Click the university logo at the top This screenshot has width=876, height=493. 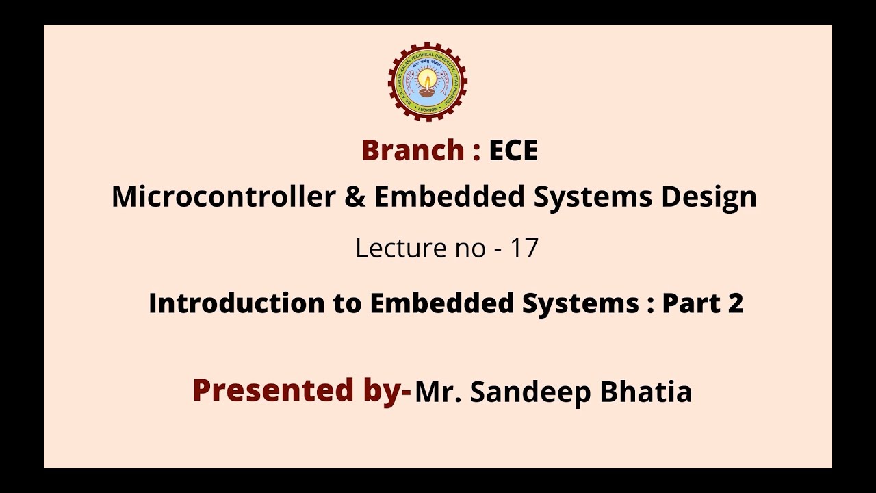click(427, 81)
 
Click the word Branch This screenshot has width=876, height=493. click(412, 151)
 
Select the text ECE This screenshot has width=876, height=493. click(513, 151)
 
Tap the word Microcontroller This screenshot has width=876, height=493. click(223, 197)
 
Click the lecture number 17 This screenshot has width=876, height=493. click(524, 248)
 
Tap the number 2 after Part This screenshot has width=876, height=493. click(736, 303)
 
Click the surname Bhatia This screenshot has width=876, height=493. click(645, 392)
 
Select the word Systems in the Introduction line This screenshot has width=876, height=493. click(580, 303)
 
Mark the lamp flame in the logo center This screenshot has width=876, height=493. click(427, 77)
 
